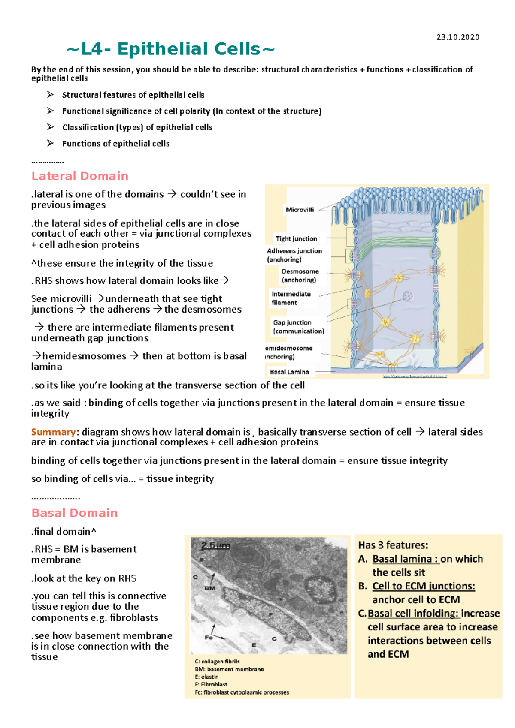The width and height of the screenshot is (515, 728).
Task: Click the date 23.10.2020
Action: [x=457, y=37]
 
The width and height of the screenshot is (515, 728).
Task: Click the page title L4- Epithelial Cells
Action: [x=171, y=49]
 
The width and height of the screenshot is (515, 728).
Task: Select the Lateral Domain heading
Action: [x=80, y=176]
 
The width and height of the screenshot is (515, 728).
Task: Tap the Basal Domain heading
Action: [x=75, y=513]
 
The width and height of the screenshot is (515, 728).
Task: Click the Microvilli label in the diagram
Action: [x=300, y=210]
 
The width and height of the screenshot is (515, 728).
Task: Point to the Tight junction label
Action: [x=296, y=239]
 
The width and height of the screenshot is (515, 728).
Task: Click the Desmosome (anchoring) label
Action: [x=300, y=276]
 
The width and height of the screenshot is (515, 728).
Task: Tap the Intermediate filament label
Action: [x=291, y=298]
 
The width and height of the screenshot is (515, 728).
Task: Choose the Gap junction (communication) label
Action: [x=298, y=327]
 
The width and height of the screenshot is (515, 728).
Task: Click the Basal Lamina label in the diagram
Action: [x=289, y=372]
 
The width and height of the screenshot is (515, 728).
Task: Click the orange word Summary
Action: [x=53, y=432]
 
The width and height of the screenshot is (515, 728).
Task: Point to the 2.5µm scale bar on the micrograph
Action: [x=215, y=546]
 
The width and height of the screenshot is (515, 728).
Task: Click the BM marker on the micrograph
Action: [x=210, y=588]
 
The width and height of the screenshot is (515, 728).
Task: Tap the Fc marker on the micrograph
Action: [x=209, y=638]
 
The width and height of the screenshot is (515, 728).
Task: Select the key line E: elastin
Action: [x=206, y=677]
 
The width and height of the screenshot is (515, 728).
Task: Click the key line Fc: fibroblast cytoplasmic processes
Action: [x=242, y=692]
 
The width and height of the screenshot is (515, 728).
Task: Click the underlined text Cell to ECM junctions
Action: [x=424, y=586]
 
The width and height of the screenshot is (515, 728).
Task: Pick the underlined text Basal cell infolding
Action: [x=413, y=614]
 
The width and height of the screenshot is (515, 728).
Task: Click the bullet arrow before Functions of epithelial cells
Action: [x=51, y=143]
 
